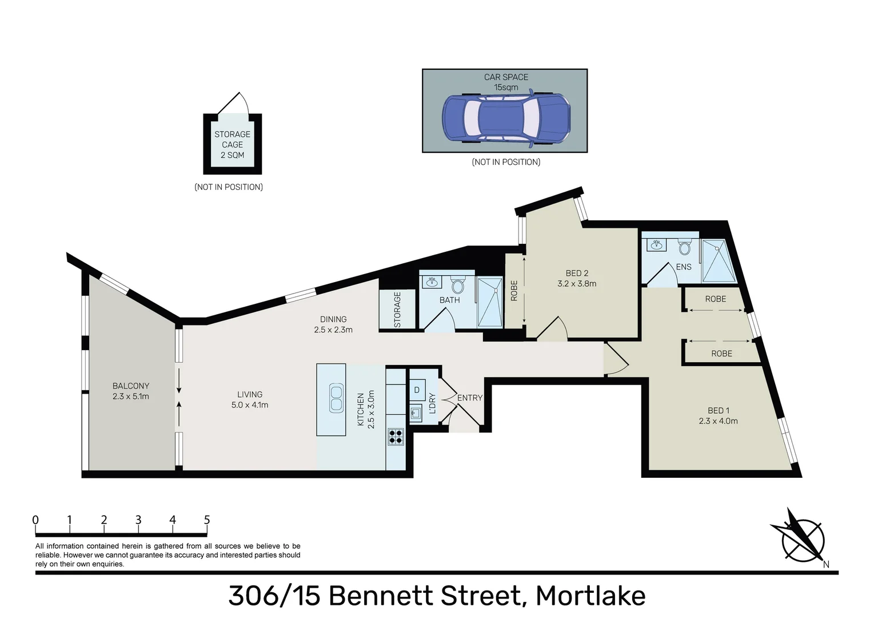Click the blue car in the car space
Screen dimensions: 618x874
506,118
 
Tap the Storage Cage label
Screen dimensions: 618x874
232,144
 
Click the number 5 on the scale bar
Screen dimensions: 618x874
207,520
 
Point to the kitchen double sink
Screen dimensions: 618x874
336,399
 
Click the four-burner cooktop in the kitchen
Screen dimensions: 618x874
396,437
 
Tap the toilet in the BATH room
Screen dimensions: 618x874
458,285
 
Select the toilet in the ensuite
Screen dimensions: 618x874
684,247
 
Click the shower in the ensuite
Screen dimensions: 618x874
718,261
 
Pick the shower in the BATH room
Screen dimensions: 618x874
490,302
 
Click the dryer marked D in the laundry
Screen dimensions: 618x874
417,390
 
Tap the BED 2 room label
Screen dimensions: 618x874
576,273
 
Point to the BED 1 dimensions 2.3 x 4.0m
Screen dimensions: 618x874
718,421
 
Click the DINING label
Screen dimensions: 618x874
333,319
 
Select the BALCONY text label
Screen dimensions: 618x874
131,386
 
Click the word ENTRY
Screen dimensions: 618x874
470,398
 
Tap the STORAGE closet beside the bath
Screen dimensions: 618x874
397,310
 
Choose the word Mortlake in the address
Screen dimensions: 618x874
590,596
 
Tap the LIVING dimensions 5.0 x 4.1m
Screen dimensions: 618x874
250,405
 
